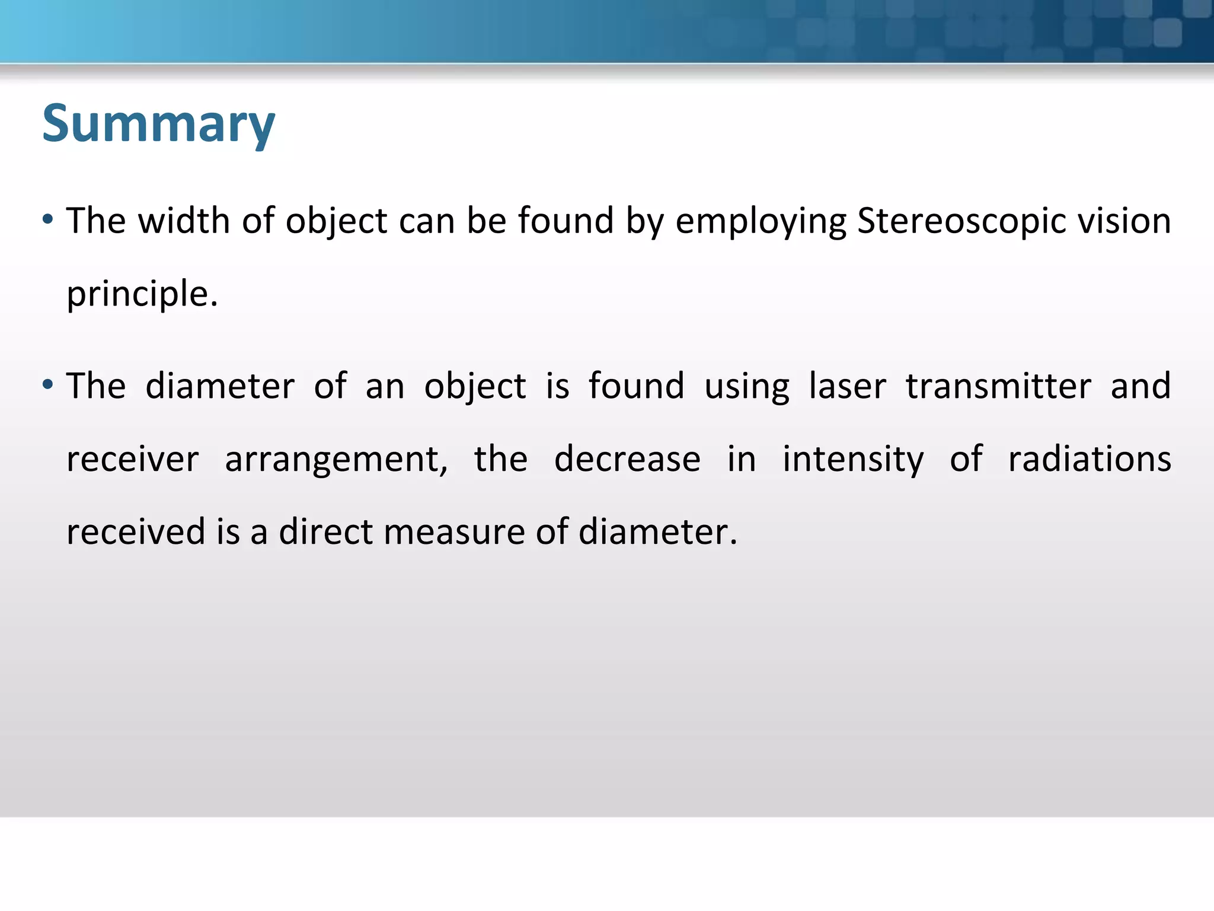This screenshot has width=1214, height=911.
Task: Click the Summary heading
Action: [158, 124]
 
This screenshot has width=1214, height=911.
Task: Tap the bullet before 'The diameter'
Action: [48, 386]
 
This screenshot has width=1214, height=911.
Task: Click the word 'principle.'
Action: [142, 294]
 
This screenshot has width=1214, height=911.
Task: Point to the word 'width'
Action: [184, 221]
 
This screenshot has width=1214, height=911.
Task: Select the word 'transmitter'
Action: [998, 386]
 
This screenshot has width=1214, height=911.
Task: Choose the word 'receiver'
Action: [133, 459]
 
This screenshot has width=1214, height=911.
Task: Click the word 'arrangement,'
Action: [336, 460]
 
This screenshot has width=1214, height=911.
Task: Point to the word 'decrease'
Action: [627, 459]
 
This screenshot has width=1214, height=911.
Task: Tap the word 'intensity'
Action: [853, 460]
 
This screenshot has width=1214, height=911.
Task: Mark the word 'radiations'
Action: [1090, 459]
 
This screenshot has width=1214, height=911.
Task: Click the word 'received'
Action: [136, 531]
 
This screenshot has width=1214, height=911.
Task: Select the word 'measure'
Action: [454, 531]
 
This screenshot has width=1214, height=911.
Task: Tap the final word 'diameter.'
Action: [657, 531]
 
